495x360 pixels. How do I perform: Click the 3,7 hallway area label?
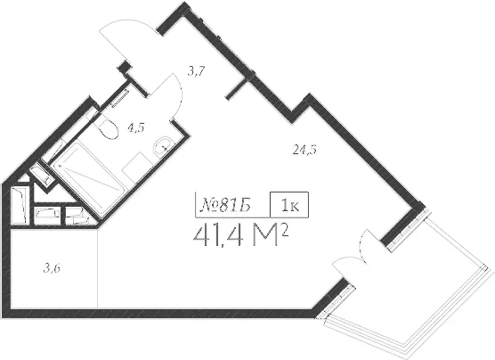pyautogui.click(x=197, y=72)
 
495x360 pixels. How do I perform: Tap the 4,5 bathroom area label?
pyautogui.click(x=136, y=128)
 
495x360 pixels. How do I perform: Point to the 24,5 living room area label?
pyautogui.click(x=304, y=150)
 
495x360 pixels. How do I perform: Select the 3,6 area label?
pyautogui.click(x=52, y=268)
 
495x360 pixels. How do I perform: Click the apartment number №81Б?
pyautogui.click(x=226, y=206)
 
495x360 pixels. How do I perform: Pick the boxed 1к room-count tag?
pyautogui.click(x=289, y=205)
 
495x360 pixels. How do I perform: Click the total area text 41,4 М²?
pyautogui.click(x=241, y=236)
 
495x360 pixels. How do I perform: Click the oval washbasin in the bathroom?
pyautogui.click(x=162, y=146)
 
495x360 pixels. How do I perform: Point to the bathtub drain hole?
pyautogui.click(x=60, y=166)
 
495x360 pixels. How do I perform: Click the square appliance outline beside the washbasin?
pyautogui.click(x=138, y=168)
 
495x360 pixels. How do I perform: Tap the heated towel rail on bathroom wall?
pyautogui.click(x=119, y=99)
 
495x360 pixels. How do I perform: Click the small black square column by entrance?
pyautogui.click(x=124, y=67)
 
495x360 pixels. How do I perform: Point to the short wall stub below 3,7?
pyautogui.click(x=237, y=89)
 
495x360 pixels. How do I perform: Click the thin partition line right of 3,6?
pyautogui.click(x=98, y=268)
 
